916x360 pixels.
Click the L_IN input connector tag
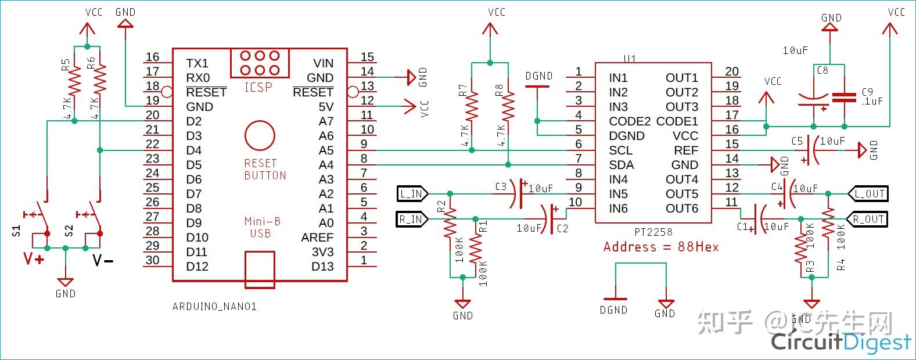(412, 193)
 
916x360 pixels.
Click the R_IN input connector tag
(412, 219)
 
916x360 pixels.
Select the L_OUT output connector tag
(870, 193)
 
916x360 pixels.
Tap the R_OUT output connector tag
(870, 219)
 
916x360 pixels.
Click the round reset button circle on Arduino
(260, 135)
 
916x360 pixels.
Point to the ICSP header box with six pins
(259, 63)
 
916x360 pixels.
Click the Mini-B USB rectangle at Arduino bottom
(260, 269)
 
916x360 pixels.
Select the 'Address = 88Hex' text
(660, 247)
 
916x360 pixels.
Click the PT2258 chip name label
(653, 232)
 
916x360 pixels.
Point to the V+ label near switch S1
(33, 259)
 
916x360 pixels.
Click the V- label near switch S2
(103, 260)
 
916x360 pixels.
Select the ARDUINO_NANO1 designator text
(214, 306)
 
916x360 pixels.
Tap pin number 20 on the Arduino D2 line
(152, 114)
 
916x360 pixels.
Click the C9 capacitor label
(867, 92)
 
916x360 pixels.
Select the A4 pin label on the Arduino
(326, 165)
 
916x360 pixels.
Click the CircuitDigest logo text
(840, 342)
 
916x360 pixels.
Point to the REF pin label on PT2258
(685, 150)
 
